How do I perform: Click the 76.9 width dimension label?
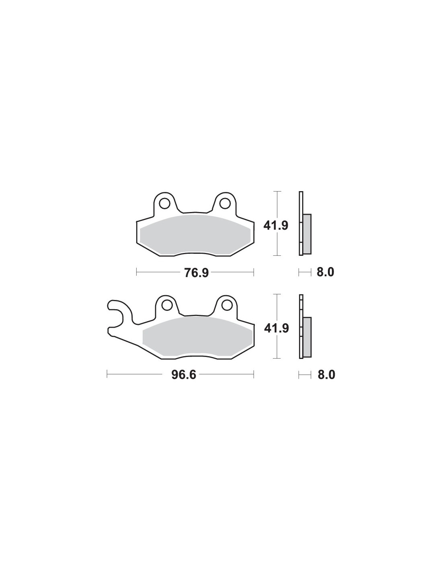(x=196, y=273)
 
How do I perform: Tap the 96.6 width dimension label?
(x=184, y=375)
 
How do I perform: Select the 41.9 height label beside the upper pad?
(x=276, y=226)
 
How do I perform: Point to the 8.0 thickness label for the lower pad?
(x=326, y=375)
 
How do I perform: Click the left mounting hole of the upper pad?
(x=164, y=204)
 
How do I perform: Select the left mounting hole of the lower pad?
(x=166, y=305)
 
